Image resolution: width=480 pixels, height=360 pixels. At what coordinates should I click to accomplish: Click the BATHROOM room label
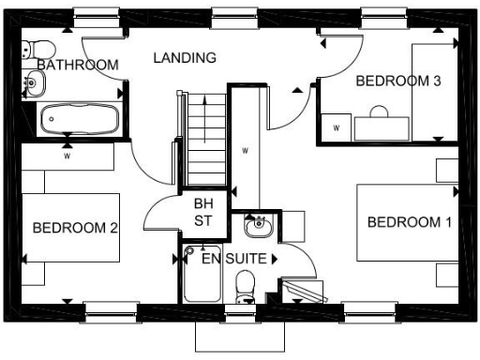(78, 65)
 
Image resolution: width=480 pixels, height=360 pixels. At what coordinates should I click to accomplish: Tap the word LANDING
(185, 57)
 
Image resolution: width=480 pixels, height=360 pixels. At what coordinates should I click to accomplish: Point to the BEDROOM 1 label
(409, 222)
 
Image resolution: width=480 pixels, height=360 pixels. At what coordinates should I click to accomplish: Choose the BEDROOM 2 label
(74, 227)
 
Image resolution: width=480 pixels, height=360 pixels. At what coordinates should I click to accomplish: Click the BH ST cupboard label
(203, 212)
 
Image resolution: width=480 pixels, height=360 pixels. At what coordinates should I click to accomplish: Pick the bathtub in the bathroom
(79, 119)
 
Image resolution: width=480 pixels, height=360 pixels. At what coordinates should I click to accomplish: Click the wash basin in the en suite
(256, 225)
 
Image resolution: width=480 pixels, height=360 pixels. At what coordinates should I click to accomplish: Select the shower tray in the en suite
(202, 274)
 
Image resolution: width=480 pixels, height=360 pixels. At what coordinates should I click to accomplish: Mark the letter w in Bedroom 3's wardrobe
(336, 127)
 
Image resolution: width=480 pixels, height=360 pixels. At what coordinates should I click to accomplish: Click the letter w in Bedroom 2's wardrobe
(67, 157)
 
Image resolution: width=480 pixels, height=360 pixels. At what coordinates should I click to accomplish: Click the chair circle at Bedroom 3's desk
(380, 113)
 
